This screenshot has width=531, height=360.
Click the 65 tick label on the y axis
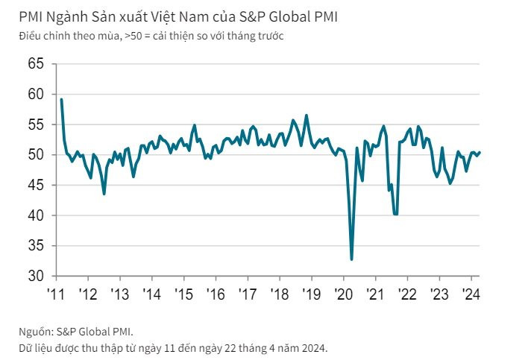36,63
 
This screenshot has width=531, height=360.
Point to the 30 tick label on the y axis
36,276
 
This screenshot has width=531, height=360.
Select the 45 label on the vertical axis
36,185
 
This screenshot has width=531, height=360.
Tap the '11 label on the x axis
56,294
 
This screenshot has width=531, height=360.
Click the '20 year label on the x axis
344,294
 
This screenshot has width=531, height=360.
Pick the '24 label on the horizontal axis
471,294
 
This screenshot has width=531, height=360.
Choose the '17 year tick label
248,294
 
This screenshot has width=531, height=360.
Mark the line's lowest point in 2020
351,259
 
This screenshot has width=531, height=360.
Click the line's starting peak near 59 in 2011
61,99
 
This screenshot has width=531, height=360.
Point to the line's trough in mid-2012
104,194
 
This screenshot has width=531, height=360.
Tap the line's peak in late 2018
307,116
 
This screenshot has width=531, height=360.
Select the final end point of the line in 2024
480,152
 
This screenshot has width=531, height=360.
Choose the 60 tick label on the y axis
36,94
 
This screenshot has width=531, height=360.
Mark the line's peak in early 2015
195,125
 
